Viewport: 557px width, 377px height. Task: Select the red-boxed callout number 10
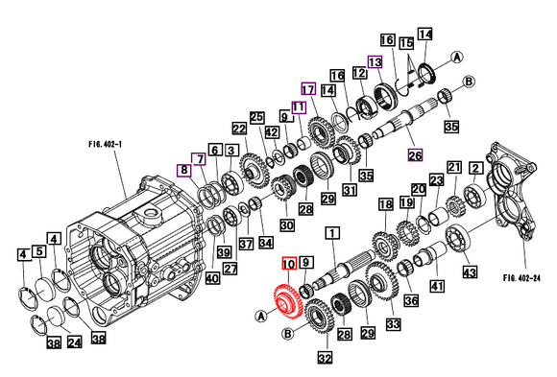point(288,263)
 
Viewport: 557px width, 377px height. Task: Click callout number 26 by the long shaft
point(415,155)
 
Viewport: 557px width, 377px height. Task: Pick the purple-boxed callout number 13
point(375,61)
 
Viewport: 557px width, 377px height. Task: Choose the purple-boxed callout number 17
point(308,88)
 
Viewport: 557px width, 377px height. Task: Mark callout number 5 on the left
point(39,252)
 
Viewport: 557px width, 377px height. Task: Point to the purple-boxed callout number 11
point(298,107)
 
